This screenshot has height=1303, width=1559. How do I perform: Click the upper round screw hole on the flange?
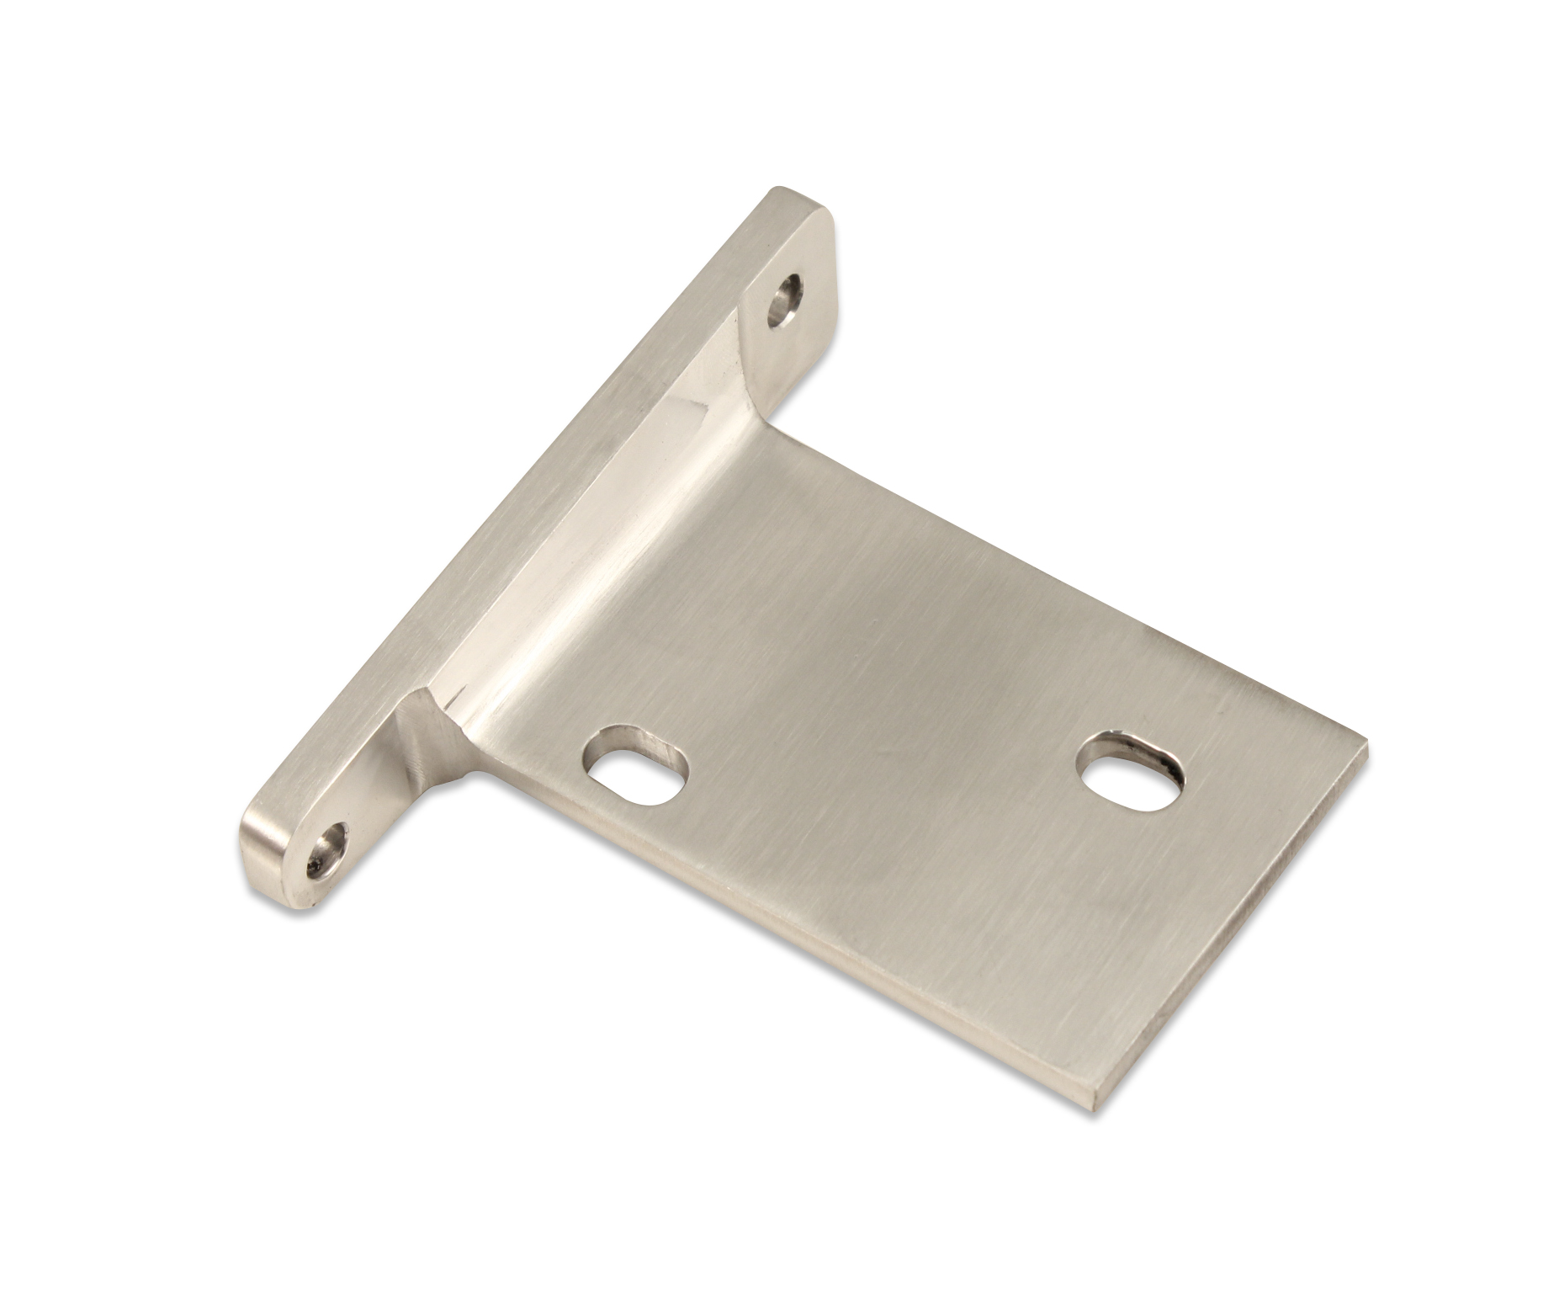click(x=785, y=301)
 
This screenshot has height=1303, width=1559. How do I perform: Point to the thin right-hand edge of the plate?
click(x=1237, y=926)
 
